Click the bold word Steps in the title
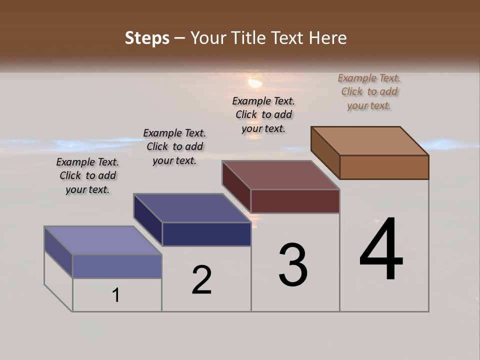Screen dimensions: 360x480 click(x=147, y=38)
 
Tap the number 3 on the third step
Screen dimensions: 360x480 click(x=293, y=265)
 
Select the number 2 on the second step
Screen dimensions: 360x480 click(x=201, y=280)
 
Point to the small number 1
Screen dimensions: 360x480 click(x=116, y=295)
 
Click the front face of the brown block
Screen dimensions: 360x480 click(x=384, y=167)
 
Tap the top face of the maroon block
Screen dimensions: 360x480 click(x=281, y=175)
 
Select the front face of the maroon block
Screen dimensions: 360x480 click(x=295, y=201)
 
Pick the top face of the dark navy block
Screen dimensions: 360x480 click(x=192, y=208)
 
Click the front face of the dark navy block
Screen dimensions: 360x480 click(x=206, y=234)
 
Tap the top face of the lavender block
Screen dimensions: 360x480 click(x=103, y=240)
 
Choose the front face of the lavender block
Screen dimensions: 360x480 click(x=117, y=266)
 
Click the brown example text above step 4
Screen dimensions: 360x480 click(x=369, y=92)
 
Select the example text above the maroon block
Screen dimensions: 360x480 click(x=263, y=115)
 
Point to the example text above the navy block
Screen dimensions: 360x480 click(x=174, y=147)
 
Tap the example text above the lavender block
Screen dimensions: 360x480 click(x=87, y=175)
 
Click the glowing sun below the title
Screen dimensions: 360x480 click(x=255, y=81)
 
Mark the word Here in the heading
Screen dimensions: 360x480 click(x=328, y=38)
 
